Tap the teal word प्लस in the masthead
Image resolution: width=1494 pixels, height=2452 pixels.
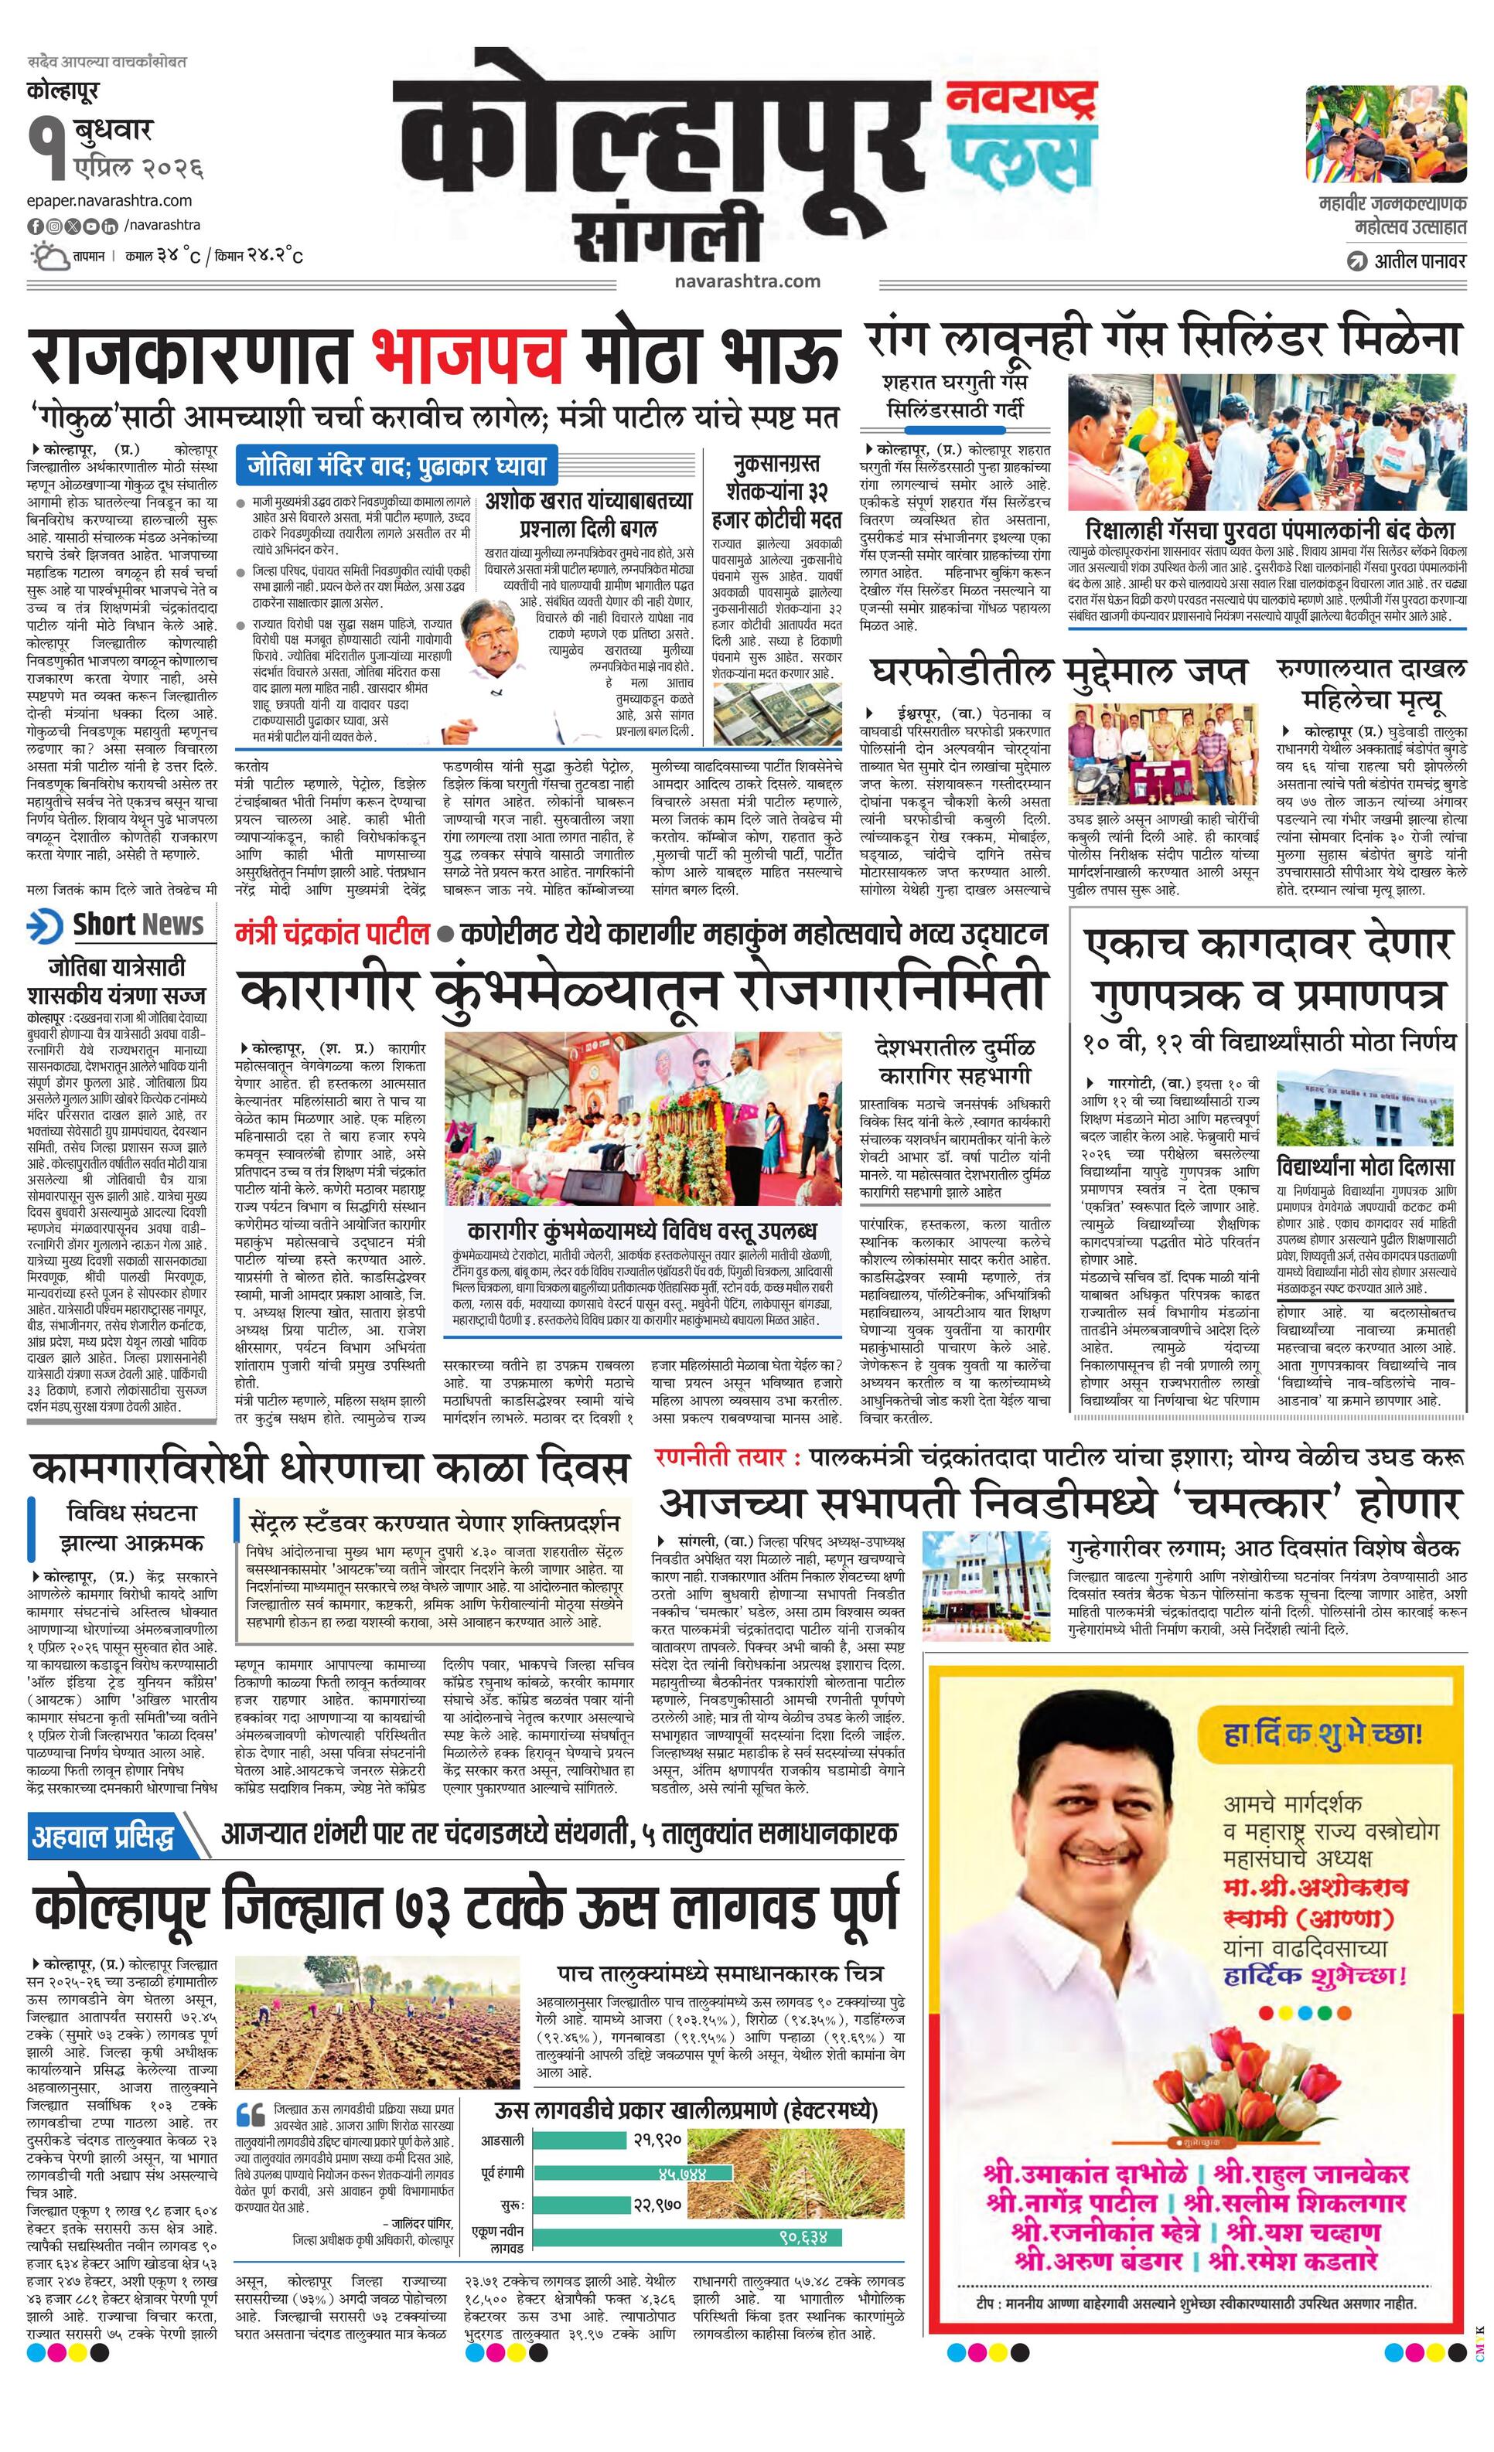pyautogui.click(x=1020, y=159)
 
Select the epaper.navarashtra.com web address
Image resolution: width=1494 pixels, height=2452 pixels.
pyautogui.click(x=110, y=200)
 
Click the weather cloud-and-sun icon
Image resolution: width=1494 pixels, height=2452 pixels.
pyautogui.click(x=49, y=257)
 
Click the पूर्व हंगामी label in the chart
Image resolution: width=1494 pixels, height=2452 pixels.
pyautogui.click(x=502, y=2171)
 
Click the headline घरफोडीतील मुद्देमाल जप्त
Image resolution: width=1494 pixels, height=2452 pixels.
pyautogui.click(x=1059, y=672)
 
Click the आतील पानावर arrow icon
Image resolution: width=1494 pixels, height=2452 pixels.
pyautogui.click(x=1355, y=263)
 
